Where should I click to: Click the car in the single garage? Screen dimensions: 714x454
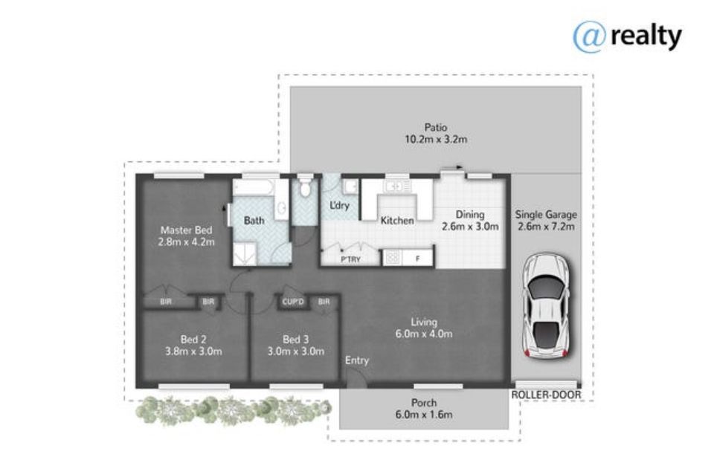click(546, 305)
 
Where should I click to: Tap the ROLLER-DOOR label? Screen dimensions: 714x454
click(546, 395)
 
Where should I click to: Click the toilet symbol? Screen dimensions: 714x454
click(305, 188)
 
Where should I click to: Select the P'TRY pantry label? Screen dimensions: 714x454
click(350, 259)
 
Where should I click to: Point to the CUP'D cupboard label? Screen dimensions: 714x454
click(293, 302)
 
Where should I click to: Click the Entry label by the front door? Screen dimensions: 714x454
click(356, 360)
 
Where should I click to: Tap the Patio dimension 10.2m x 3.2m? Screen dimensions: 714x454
click(436, 139)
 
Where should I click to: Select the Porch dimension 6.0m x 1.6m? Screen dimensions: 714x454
click(424, 415)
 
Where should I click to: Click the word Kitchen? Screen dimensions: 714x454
click(397, 221)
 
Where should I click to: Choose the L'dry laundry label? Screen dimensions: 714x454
click(339, 206)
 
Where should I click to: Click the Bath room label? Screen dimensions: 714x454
click(254, 221)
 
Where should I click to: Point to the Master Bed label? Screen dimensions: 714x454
click(186, 230)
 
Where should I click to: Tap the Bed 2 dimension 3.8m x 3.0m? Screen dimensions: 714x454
click(193, 351)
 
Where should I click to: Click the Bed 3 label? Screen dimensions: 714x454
click(295, 340)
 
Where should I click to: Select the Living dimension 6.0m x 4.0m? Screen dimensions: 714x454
click(424, 334)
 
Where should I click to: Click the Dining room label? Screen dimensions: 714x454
click(470, 214)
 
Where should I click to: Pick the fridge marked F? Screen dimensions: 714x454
click(417, 259)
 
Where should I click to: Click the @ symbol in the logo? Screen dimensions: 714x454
click(590, 37)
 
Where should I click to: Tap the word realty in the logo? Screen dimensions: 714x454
click(646, 36)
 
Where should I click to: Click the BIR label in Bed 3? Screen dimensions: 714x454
click(324, 302)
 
